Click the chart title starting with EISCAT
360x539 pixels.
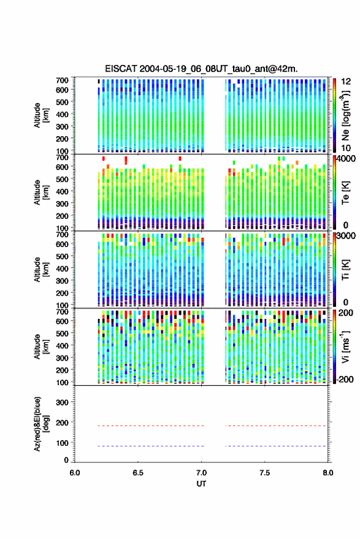coord(201,69)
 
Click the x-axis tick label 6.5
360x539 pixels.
coord(138,473)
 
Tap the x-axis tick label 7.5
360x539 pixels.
coord(265,473)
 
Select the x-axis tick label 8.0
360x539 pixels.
coord(327,473)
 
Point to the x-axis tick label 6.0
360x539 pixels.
coord(75,473)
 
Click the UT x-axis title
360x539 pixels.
coord(201,484)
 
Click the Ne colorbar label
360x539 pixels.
coord(345,115)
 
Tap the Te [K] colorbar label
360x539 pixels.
coord(345,193)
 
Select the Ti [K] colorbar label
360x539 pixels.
coord(345,270)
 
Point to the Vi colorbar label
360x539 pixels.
coord(345,347)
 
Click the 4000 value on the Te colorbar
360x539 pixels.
coord(347,159)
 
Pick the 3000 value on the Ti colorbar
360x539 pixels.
coord(347,236)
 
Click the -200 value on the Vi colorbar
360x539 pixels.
coord(345,380)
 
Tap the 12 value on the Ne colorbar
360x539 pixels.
coord(346,82)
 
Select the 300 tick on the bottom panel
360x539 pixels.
coord(62,402)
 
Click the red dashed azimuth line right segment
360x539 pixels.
coord(276,426)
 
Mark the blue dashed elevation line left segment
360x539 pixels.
coord(151,446)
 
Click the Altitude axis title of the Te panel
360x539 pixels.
coord(42,192)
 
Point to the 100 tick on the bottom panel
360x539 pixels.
coord(62,443)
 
